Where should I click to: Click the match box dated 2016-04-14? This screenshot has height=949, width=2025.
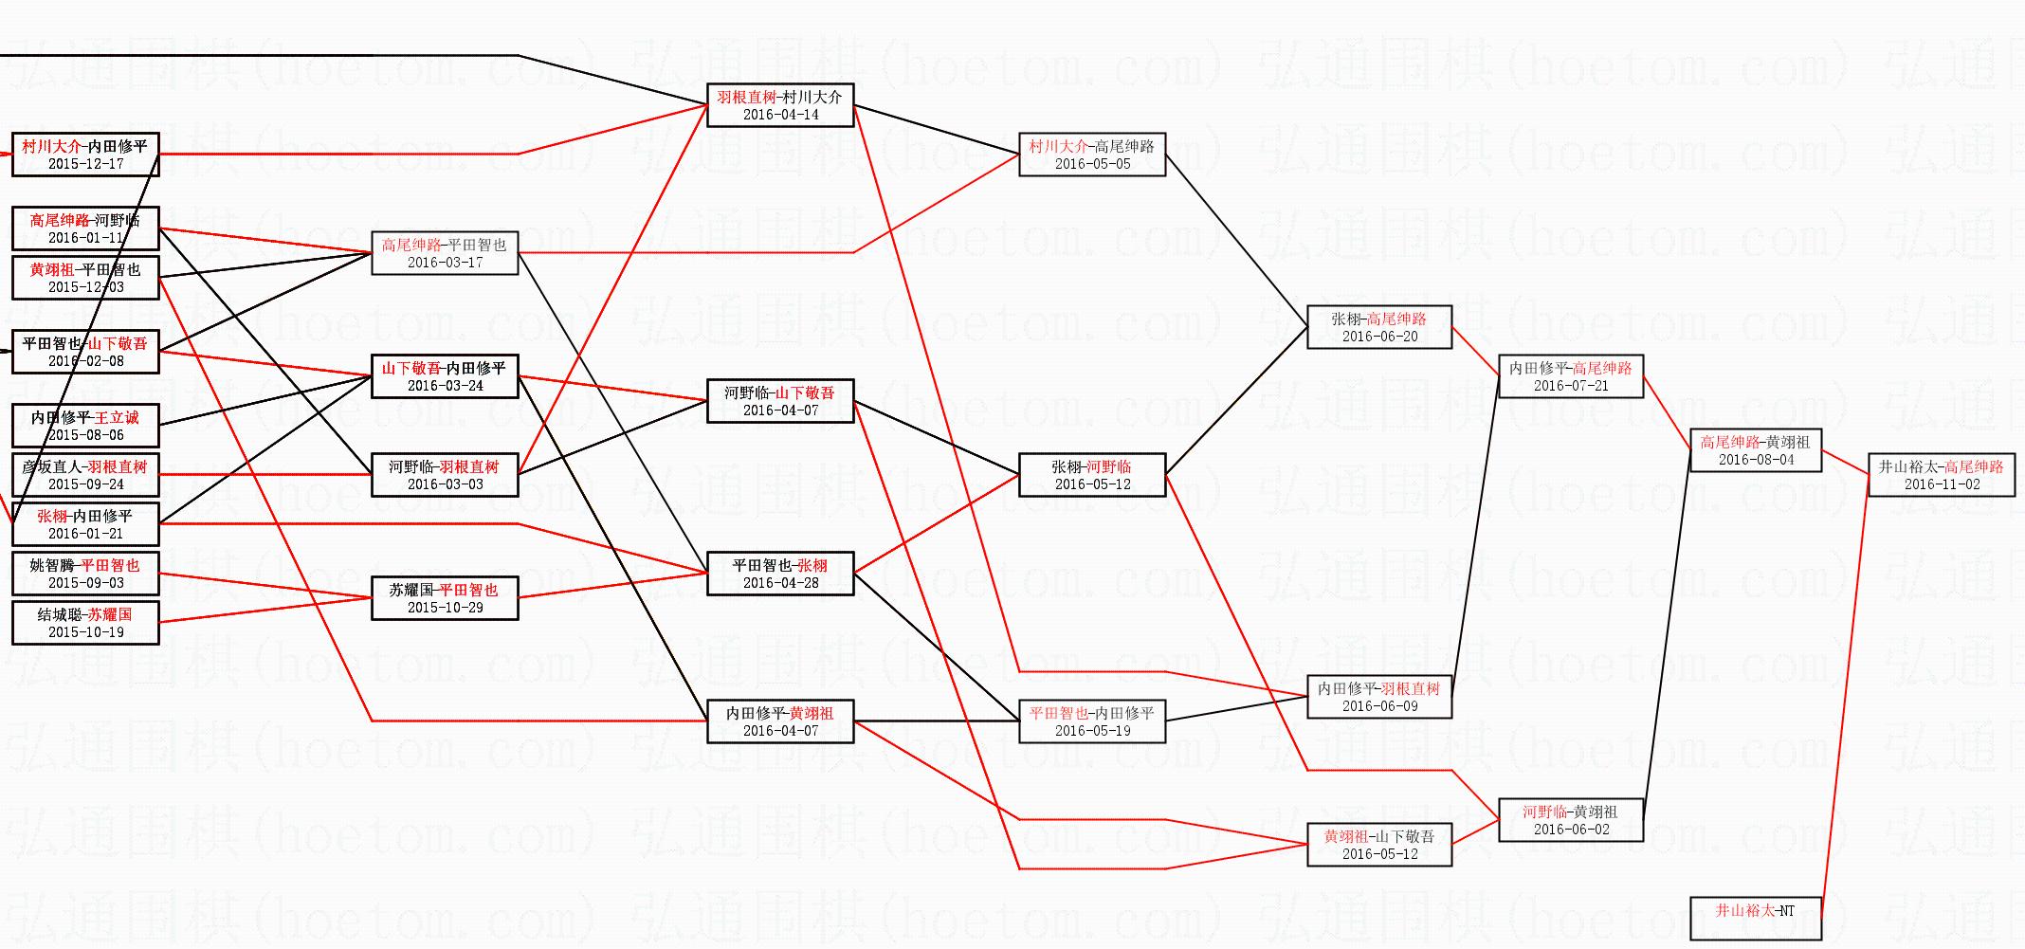coord(779,105)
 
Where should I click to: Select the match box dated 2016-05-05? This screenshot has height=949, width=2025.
coord(1091,155)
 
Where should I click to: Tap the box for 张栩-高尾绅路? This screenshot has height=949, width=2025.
coord(1378,327)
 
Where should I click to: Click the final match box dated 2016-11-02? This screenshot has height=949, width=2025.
coord(1941,475)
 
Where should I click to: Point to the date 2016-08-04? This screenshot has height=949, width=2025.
coord(1756,460)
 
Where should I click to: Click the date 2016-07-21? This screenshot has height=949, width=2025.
coord(1570,386)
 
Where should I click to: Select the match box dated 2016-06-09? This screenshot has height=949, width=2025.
coord(1378,697)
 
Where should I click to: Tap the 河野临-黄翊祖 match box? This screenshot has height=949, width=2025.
coord(1570,820)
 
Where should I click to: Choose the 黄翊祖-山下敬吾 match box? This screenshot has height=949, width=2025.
coord(1378,845)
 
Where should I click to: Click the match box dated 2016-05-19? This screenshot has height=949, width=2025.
coord(1091,721)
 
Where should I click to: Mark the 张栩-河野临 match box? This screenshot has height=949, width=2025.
coord(1091,475)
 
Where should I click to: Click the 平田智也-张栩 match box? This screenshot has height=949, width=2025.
coord(779,574)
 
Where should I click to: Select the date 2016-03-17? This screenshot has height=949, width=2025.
coord(445,263)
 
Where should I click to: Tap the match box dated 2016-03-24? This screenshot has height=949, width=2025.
coord(445,376)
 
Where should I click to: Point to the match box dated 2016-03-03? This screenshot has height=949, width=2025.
coord(445,475)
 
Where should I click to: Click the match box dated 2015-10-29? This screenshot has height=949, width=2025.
coord(445,598)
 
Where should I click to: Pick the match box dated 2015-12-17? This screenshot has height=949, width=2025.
coord(85,155)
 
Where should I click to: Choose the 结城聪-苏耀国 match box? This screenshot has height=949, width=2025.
coord(85,623)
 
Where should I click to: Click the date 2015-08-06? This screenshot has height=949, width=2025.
coord(85,435)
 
